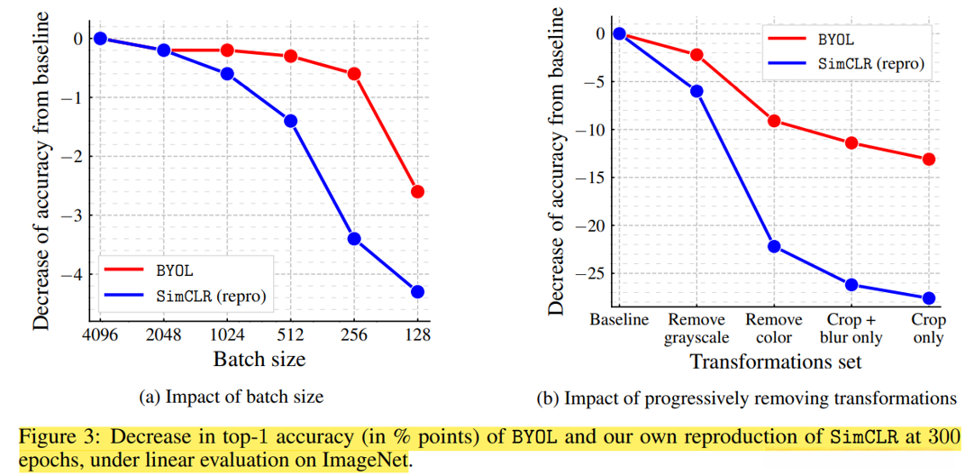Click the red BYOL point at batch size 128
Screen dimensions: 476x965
coord(417,191)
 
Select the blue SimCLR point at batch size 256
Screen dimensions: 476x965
coord(354,239)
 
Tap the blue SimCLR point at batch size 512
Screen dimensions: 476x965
coord(290,121)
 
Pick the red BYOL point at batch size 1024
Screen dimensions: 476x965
coord(227,50)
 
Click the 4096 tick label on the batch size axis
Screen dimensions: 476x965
coord(101,334)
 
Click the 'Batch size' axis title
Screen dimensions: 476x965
coord(259,359)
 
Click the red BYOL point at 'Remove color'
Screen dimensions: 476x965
coord(774,121)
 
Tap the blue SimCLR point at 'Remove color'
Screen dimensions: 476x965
coord(774,246)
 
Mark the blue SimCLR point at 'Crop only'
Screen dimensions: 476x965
coord(929,298)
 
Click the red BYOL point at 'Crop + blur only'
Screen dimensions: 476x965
coord(851,142)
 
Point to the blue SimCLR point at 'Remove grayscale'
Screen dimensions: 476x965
coord(696,91)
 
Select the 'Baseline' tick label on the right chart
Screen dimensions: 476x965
coord(619,321)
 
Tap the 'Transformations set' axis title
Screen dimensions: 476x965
coord(775,362)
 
